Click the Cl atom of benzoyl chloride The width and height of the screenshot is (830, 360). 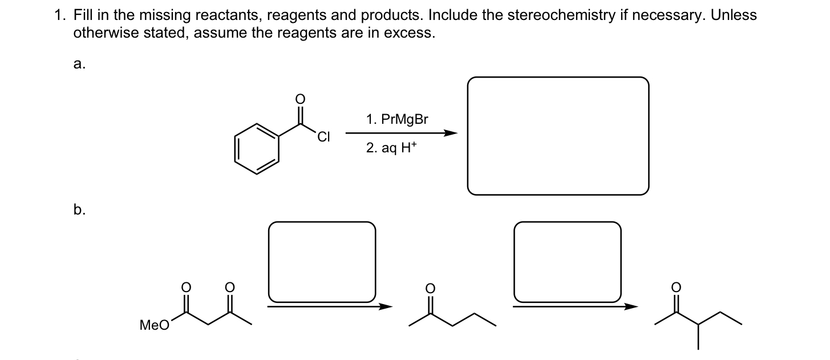(x=323, y=136)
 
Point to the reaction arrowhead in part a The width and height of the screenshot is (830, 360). (x=451, y=134)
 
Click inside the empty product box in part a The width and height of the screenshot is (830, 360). (x=558, y=136)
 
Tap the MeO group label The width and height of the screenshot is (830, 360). (x=154, y=325)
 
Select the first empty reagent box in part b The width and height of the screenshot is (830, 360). (x=322, y=261)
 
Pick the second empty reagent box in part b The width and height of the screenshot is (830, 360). (x=567, y=261)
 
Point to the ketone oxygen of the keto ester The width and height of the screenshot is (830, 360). (x=229, y=286)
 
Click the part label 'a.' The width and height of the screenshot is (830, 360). (x=79, y=64)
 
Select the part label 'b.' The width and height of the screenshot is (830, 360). (x=79, y=210)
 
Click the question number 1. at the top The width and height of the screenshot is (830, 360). (x=60, y=16)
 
